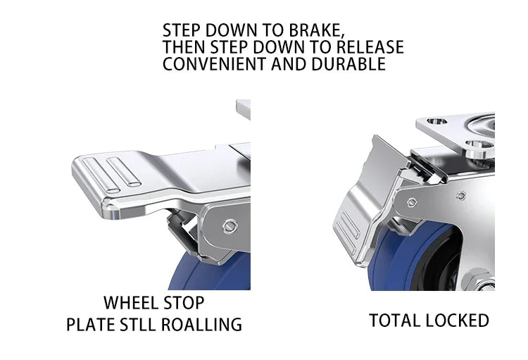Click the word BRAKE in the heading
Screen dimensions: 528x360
[x=317, y=30]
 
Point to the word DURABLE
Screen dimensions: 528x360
[x=348, y=63]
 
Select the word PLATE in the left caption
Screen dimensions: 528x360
[x=90, y=324]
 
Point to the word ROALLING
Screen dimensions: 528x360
[x=201, y=324]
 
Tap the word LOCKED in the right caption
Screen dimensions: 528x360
[x=453, y=321]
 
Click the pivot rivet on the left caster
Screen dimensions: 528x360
[x=230, y=226]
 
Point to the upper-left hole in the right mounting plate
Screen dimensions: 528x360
[x=436, y=121]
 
